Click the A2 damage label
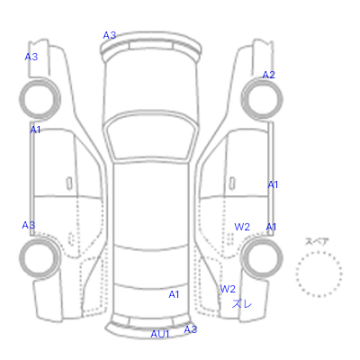[268, 75]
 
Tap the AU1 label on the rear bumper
[160, 334]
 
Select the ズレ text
[242, 304]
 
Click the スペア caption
[317, 241]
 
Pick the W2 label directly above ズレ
[228, 289]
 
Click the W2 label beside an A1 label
[242, 227]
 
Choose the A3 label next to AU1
[191, 329]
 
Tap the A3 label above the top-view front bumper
[110, 35]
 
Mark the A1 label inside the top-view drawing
[174, 294]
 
